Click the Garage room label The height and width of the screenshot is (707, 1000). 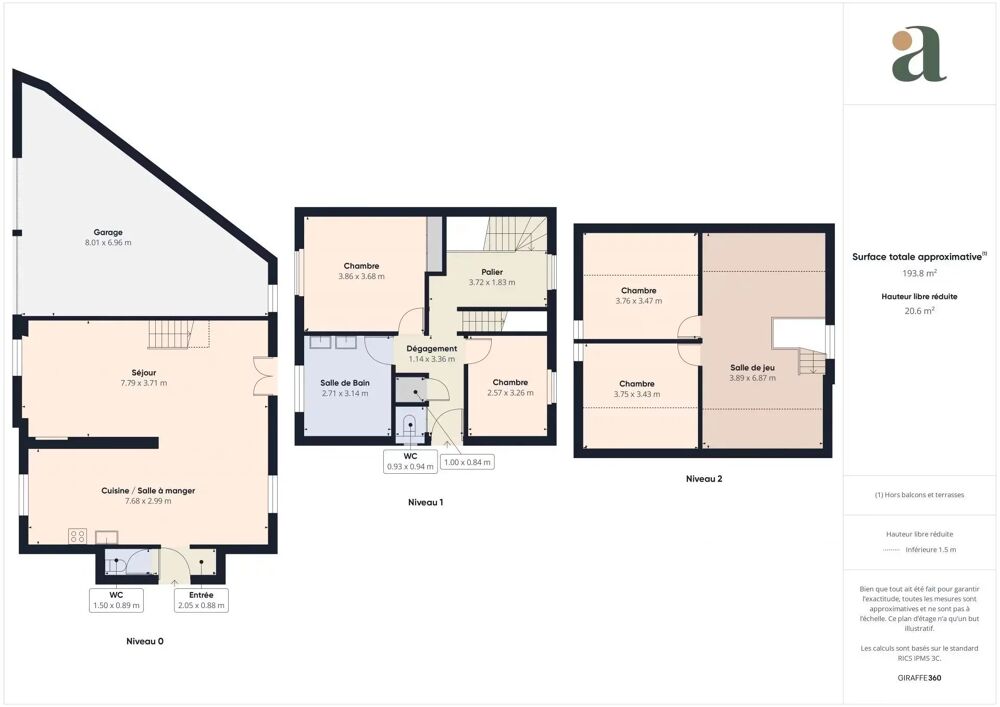click(x=108, y=232)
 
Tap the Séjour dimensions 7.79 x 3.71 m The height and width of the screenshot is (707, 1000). click(x=143, y=383)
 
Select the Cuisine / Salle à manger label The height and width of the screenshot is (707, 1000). click(x=147, y=490)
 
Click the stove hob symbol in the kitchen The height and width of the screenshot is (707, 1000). click(x=76, y=535)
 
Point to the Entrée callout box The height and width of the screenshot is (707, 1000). click(x=201, y=600)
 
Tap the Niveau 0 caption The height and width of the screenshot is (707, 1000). click(x=144, y=641)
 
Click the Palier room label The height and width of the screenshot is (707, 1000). click(x=491, y=271)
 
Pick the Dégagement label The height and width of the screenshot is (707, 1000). click(x=432, y=349)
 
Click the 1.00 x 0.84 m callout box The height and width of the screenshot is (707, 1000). click(x=468, y=461)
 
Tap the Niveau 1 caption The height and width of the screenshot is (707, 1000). click(x=425, y=502)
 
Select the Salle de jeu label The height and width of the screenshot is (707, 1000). click(x=752, y=367)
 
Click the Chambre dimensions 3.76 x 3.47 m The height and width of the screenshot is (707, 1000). click(x=639, y=301)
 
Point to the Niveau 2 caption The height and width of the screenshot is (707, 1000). click(x=704, y=479)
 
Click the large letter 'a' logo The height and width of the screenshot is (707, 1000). click(x=919, y=56)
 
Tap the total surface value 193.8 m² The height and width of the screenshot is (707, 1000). click(x=919, y=273)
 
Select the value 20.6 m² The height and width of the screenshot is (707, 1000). click(x=919, y=311)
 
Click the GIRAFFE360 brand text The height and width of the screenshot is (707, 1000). click(x=919, y=678)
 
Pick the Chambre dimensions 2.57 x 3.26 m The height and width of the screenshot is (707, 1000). click(x=510, y=393)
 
